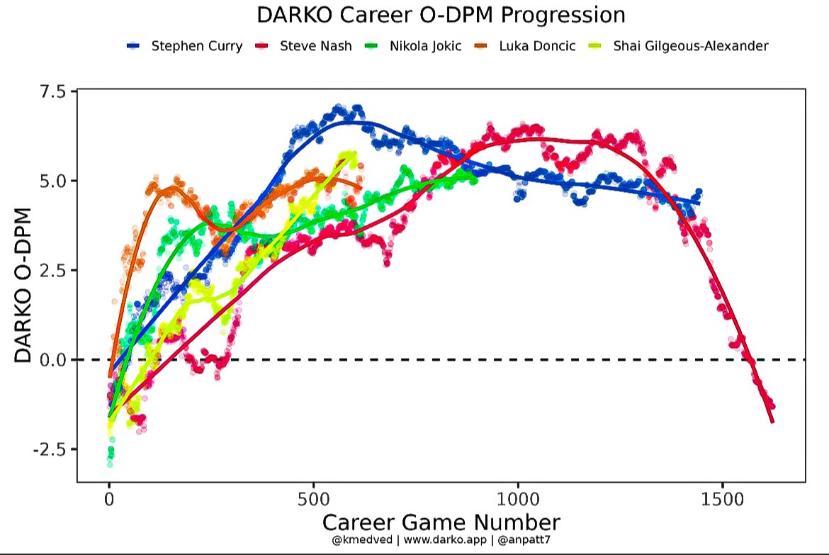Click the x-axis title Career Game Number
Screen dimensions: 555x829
[x=441, y=522]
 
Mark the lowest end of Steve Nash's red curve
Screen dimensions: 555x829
[x=772, y=422]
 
